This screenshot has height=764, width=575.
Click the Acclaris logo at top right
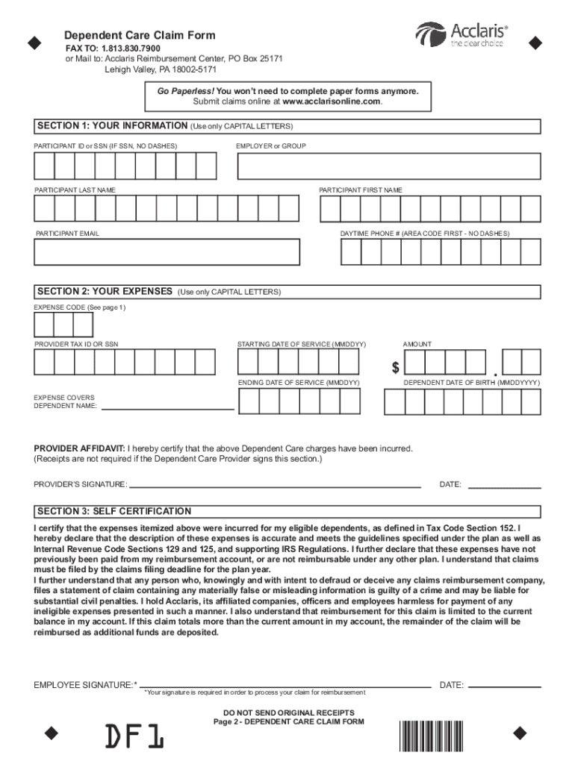(461, 34)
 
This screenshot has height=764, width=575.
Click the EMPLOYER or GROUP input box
(388, 166)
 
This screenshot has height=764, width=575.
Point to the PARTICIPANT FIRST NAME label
(361, 190)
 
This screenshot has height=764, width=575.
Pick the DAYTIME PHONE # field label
(425, 234)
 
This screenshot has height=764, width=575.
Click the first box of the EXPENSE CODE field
(43, 325)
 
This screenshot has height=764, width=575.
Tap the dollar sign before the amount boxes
(396, 368)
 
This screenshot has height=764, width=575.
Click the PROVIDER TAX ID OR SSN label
(76, 344)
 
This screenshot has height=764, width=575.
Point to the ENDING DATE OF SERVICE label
(299, 382)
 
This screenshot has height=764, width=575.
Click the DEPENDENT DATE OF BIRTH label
(471, 382)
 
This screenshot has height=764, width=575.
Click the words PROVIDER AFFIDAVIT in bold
(79, 448)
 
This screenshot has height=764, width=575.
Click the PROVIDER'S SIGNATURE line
(275, 486)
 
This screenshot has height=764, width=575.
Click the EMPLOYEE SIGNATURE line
(286, 685)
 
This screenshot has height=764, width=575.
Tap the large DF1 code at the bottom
(134, 737)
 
